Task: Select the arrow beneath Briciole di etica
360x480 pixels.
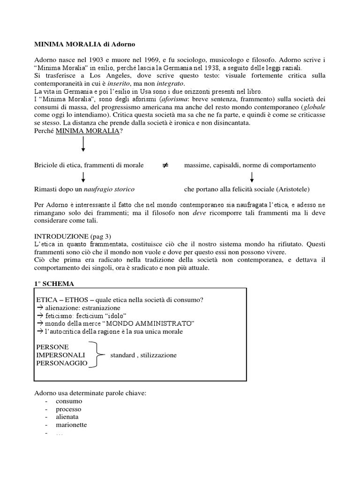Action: [x=83, y=178]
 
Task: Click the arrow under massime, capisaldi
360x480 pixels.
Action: [x=252, y=178]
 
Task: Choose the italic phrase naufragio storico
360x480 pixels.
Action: [x=109, y=189]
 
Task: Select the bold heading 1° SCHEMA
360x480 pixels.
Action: [x=54, y=284]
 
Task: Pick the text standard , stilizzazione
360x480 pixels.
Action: [x=143, y=355]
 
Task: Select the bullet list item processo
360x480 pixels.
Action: [x=68, y=409]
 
